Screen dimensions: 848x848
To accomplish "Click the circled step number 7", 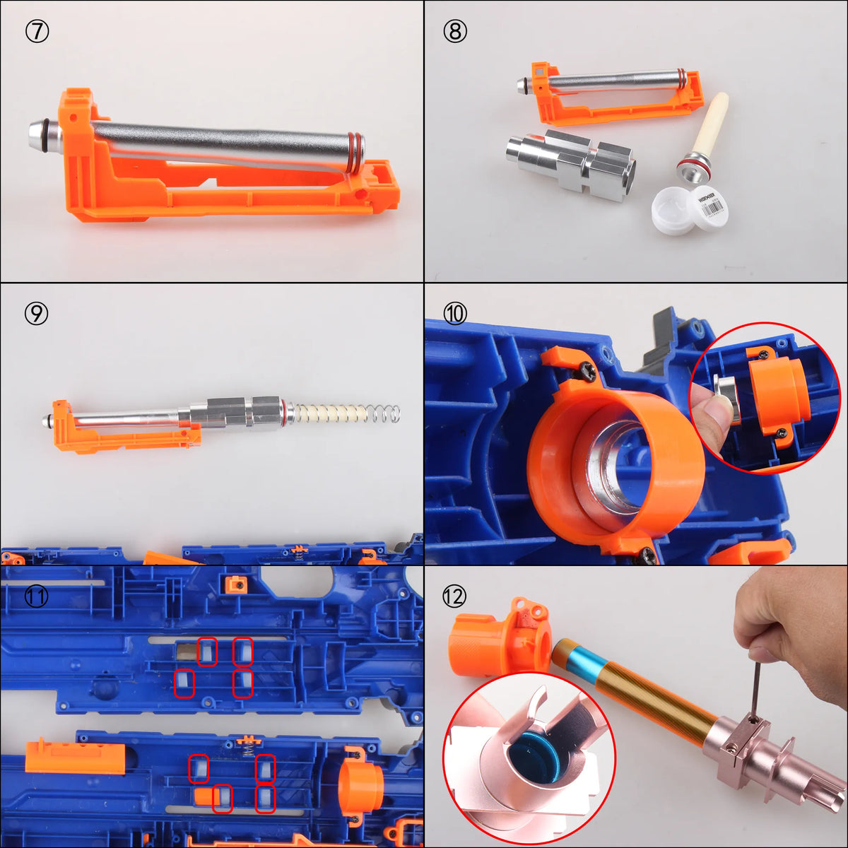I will pyautogui.click(x=37, y=32).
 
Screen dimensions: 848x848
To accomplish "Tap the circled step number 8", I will pyautogui.click(x=455, y=32).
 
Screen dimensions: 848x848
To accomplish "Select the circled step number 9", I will pyautogui.click(x=37, y=313).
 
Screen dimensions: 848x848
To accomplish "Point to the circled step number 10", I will pyautogui.click(x=455, y=313).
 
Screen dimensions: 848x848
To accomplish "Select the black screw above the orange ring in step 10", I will pyautogui.click(x=586, y=370).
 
